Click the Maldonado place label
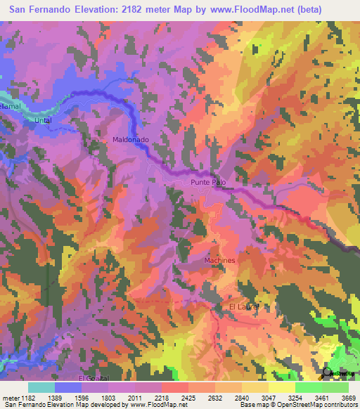(131, 140)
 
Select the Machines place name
(219, 261)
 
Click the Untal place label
(44, 121)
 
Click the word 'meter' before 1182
(10, 397)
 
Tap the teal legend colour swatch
(41, 387)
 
